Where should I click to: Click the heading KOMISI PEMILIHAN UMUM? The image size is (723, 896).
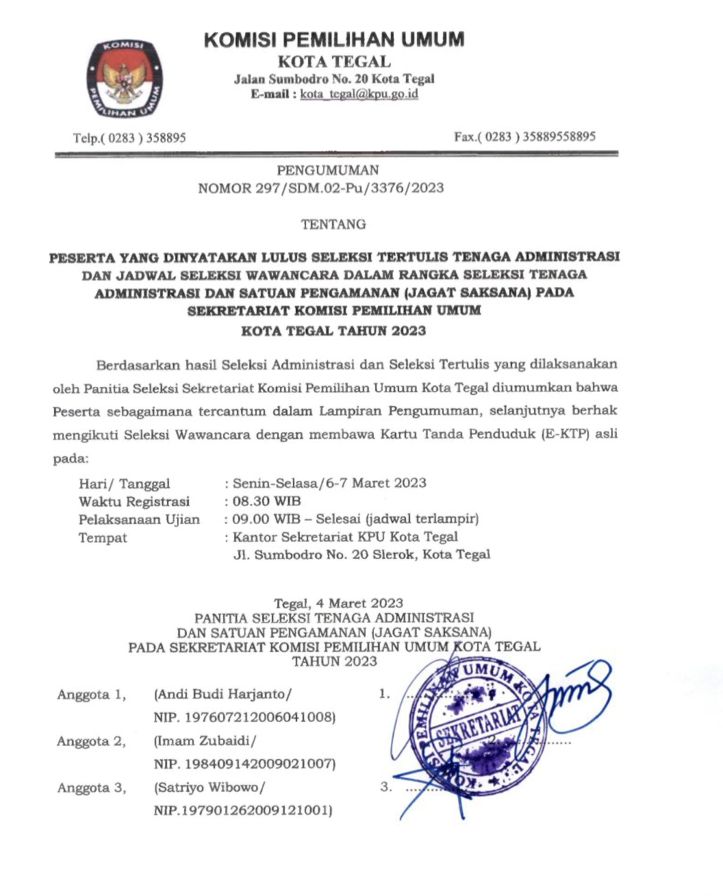(x=334, y=40)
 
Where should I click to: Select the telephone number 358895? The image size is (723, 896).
(x=164, y=138)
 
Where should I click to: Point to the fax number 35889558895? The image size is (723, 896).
(x=559, y=136)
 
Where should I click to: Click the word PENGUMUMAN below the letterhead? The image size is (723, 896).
(x=328, y=171)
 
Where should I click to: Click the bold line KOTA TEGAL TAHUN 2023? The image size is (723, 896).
(x=333, y=331)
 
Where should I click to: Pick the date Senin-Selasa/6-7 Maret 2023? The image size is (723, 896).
(x=329, y=483)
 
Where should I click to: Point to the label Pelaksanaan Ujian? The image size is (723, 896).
(x=139, y=519)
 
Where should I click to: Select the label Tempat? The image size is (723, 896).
(x=103, y=538)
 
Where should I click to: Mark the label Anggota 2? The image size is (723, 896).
(x=92, y=741)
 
